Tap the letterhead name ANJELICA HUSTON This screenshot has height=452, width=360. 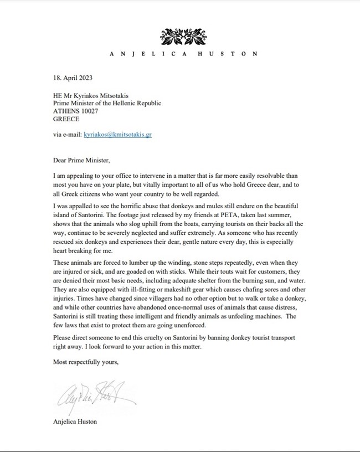coord(183,54)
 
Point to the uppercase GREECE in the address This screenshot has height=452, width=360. coord(66,119)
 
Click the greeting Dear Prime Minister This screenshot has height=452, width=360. coord(82,161)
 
